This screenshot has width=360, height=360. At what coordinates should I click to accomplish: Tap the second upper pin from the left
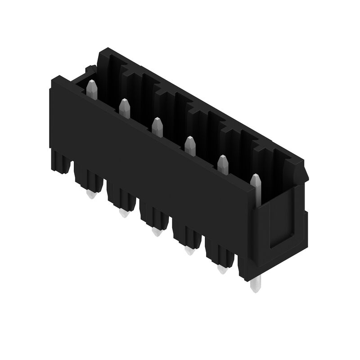[x=124, y=108]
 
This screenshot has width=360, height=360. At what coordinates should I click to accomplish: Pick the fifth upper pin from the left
[x=223, y=164]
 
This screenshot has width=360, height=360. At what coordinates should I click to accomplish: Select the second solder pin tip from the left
[x=124, y=212]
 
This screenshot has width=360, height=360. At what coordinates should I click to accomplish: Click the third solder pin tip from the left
[x=157, y=231]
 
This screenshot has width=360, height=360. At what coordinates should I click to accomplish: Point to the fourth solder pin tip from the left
[x=189, y=250]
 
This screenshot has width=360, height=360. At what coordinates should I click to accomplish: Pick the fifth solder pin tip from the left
[x=222, y=269]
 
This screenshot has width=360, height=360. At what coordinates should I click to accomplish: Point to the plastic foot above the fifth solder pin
[x=220, y=255]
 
